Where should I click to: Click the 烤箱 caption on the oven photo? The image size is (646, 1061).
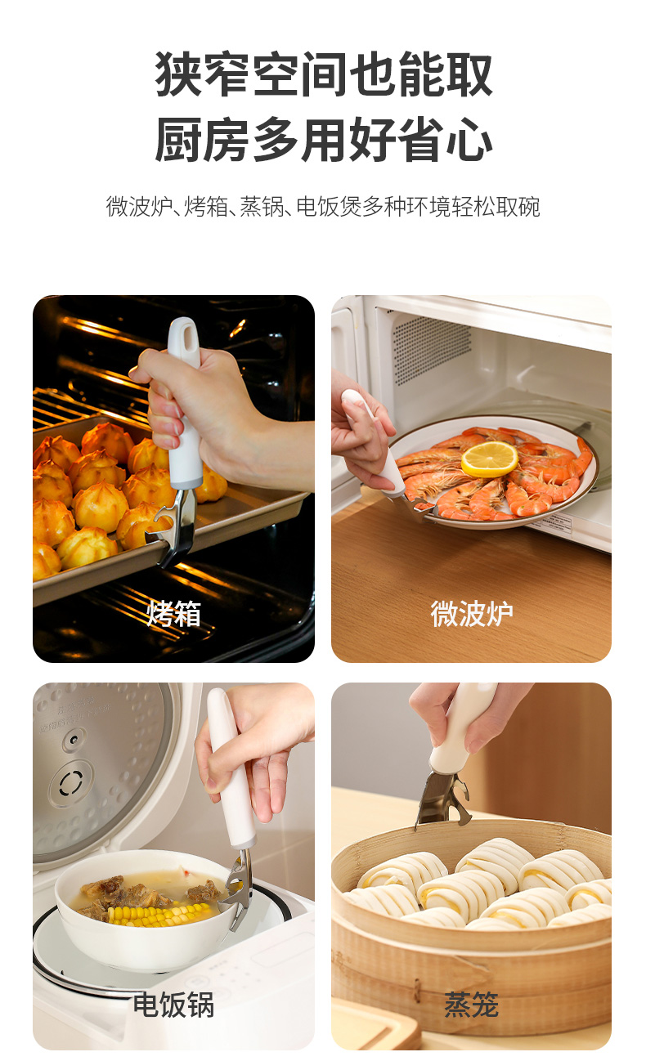(x=173, y=614)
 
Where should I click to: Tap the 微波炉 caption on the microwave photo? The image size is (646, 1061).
(x=472, y=614)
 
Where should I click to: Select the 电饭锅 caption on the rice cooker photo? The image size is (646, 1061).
(x=173, y=1005)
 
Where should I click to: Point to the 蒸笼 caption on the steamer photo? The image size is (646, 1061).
(x=472, y=1005)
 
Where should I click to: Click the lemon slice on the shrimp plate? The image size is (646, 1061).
(x=489, y=459)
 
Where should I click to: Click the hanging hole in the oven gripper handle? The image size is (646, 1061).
(x=189, y=338)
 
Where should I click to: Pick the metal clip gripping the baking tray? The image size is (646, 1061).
(x=174, y=526)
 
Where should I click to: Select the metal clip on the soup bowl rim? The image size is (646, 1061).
(x=240, y=889)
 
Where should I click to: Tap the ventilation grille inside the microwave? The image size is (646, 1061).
(x=431, y=348)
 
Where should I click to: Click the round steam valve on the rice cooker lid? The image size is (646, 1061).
(x=71, y=783)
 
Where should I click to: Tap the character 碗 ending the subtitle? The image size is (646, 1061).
(x=529, y=207)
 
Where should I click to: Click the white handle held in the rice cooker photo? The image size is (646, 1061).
(x=231, y=768)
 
